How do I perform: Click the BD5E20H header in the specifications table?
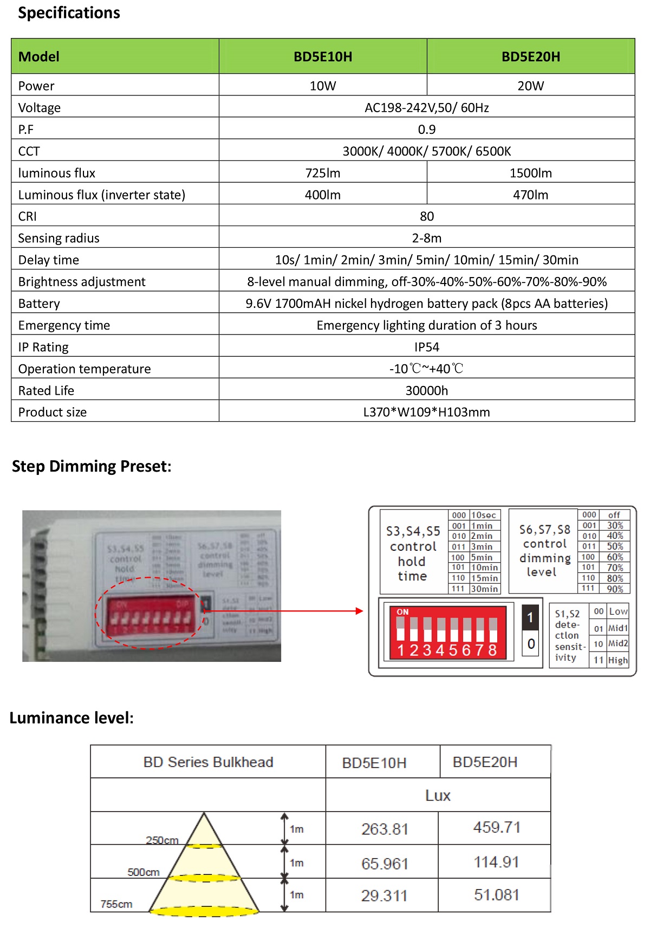tap(530, 56)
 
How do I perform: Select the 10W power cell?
tap(323, 86)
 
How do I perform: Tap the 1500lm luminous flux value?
tap(530, 173)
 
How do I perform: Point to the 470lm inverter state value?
tap(530, 195)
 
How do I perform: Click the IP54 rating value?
tap(427, 347)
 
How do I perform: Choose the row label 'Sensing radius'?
tap(58, 238)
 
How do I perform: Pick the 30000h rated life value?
tap(427, 390)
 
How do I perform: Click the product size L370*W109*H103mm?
tap(427, 412)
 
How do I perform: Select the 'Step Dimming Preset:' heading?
tap(92, 466)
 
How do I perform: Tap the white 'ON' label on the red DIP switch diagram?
tap(402, 612)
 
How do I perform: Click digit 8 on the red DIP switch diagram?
tap(492, 650)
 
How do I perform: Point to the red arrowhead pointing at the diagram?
tap(359, 611)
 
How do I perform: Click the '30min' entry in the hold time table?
tap(484, 589)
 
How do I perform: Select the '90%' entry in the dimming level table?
tap(615, 589)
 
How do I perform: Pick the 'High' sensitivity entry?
tap(617, 660)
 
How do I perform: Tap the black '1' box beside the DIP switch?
tap(530, 617)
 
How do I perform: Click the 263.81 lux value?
tap(385, 829)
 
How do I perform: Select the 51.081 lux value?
tap(496, 894)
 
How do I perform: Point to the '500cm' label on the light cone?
tap(144, 872)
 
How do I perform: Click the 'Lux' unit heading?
tap(438, 795)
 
